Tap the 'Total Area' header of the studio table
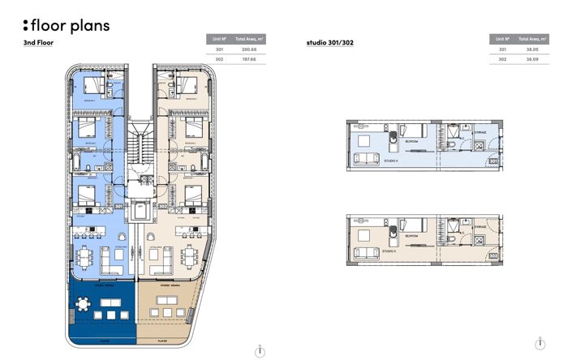533,39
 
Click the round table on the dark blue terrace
84,306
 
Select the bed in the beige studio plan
412,225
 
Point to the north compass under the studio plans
540,344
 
